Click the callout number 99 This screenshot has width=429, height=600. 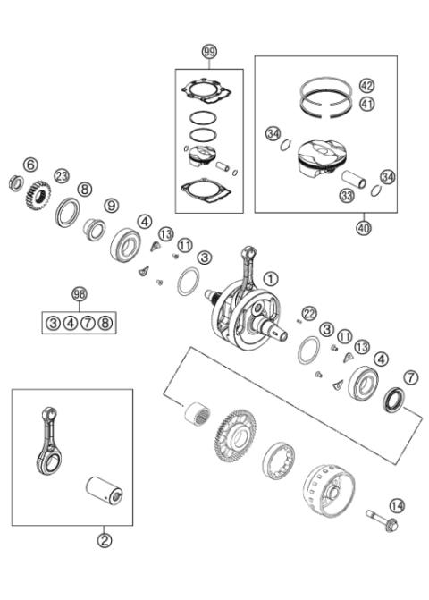[209, 53]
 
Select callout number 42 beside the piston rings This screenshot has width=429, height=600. [366, 86]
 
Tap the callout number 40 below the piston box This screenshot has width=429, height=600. [363, 227]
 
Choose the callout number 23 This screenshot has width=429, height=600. [62, 175]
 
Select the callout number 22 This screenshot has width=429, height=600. [309, 312]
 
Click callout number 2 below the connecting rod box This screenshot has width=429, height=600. [105, 540]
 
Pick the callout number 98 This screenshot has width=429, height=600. [80, 294]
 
